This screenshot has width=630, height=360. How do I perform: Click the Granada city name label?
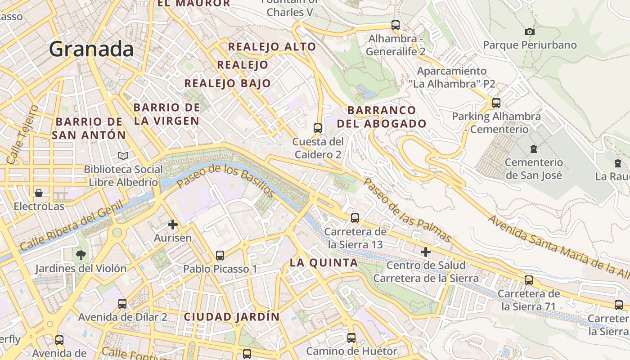click(x=91, y=49)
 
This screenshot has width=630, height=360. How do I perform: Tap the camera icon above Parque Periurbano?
click(x=530, y=31)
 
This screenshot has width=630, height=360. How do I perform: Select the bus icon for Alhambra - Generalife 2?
click(x=396, y=25)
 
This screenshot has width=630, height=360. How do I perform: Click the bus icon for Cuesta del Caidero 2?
click(x=318, y=128)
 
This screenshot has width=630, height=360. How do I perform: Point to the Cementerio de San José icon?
click(x=534, y=148)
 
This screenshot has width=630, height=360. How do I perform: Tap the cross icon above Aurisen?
click(x=173, y=224)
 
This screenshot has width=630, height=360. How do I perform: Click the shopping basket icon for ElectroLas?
click(x=39, y=193)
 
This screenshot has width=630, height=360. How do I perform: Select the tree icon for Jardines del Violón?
click(x=81, y=255)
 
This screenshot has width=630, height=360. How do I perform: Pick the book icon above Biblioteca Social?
click(x=123, y=156)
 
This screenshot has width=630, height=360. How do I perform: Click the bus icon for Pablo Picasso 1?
click(x=220, y=256)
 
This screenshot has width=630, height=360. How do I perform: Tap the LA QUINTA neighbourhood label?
click(x=324, y=263)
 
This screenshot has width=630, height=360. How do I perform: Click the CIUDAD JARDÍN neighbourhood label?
click(x=232, y=317)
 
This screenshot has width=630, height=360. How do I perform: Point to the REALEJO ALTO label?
click(x=272, y=47)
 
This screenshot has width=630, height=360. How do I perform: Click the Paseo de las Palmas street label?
click(x=407, y=210)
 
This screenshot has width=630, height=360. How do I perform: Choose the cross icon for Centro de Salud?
click(x=426, y=252)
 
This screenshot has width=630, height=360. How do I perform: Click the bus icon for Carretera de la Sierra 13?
click(x=355, y=218)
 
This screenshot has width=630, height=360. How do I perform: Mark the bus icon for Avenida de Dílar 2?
click(x=122, y=304)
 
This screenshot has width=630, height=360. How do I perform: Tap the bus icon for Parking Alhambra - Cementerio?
click(x=496, y=103)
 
